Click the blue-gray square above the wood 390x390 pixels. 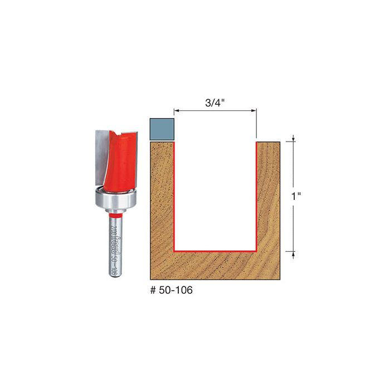click(162, 129)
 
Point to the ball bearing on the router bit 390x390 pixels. click(114, 199)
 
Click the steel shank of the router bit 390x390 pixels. click(114, 245)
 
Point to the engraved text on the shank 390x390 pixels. click(114, 245)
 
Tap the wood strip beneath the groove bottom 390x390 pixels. click(215, 265)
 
